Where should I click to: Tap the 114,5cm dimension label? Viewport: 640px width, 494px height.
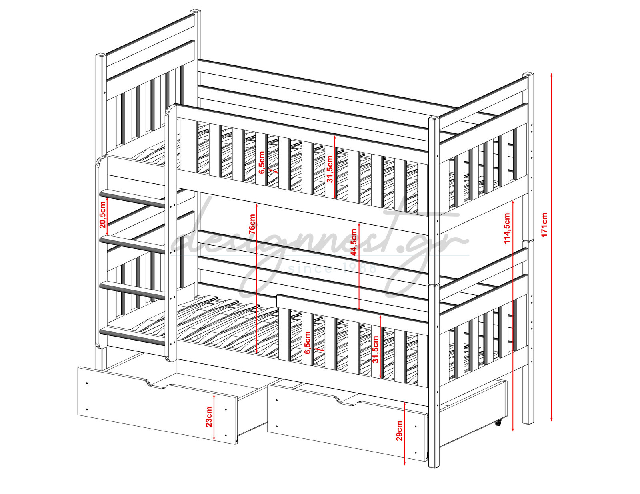(506, 228)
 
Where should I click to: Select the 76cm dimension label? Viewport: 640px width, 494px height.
(252, 224)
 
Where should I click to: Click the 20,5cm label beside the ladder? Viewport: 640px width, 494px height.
(102, 215)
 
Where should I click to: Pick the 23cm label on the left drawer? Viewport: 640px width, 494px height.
(208, 417)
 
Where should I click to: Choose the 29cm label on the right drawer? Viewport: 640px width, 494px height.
(399, 431)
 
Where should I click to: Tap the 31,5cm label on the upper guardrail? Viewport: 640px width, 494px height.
(330, 169)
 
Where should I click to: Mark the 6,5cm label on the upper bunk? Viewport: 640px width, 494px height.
(262, 163)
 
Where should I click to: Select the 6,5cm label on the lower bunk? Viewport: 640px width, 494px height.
(307, 343)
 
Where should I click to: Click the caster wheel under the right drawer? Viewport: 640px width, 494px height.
(498, 423)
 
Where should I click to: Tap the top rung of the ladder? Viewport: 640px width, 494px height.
(132, 199)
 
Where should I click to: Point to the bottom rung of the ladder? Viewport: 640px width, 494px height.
(132, 336)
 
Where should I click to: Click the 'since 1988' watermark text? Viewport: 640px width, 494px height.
(332, 268)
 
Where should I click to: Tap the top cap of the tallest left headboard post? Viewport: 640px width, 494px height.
(195, 12)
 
